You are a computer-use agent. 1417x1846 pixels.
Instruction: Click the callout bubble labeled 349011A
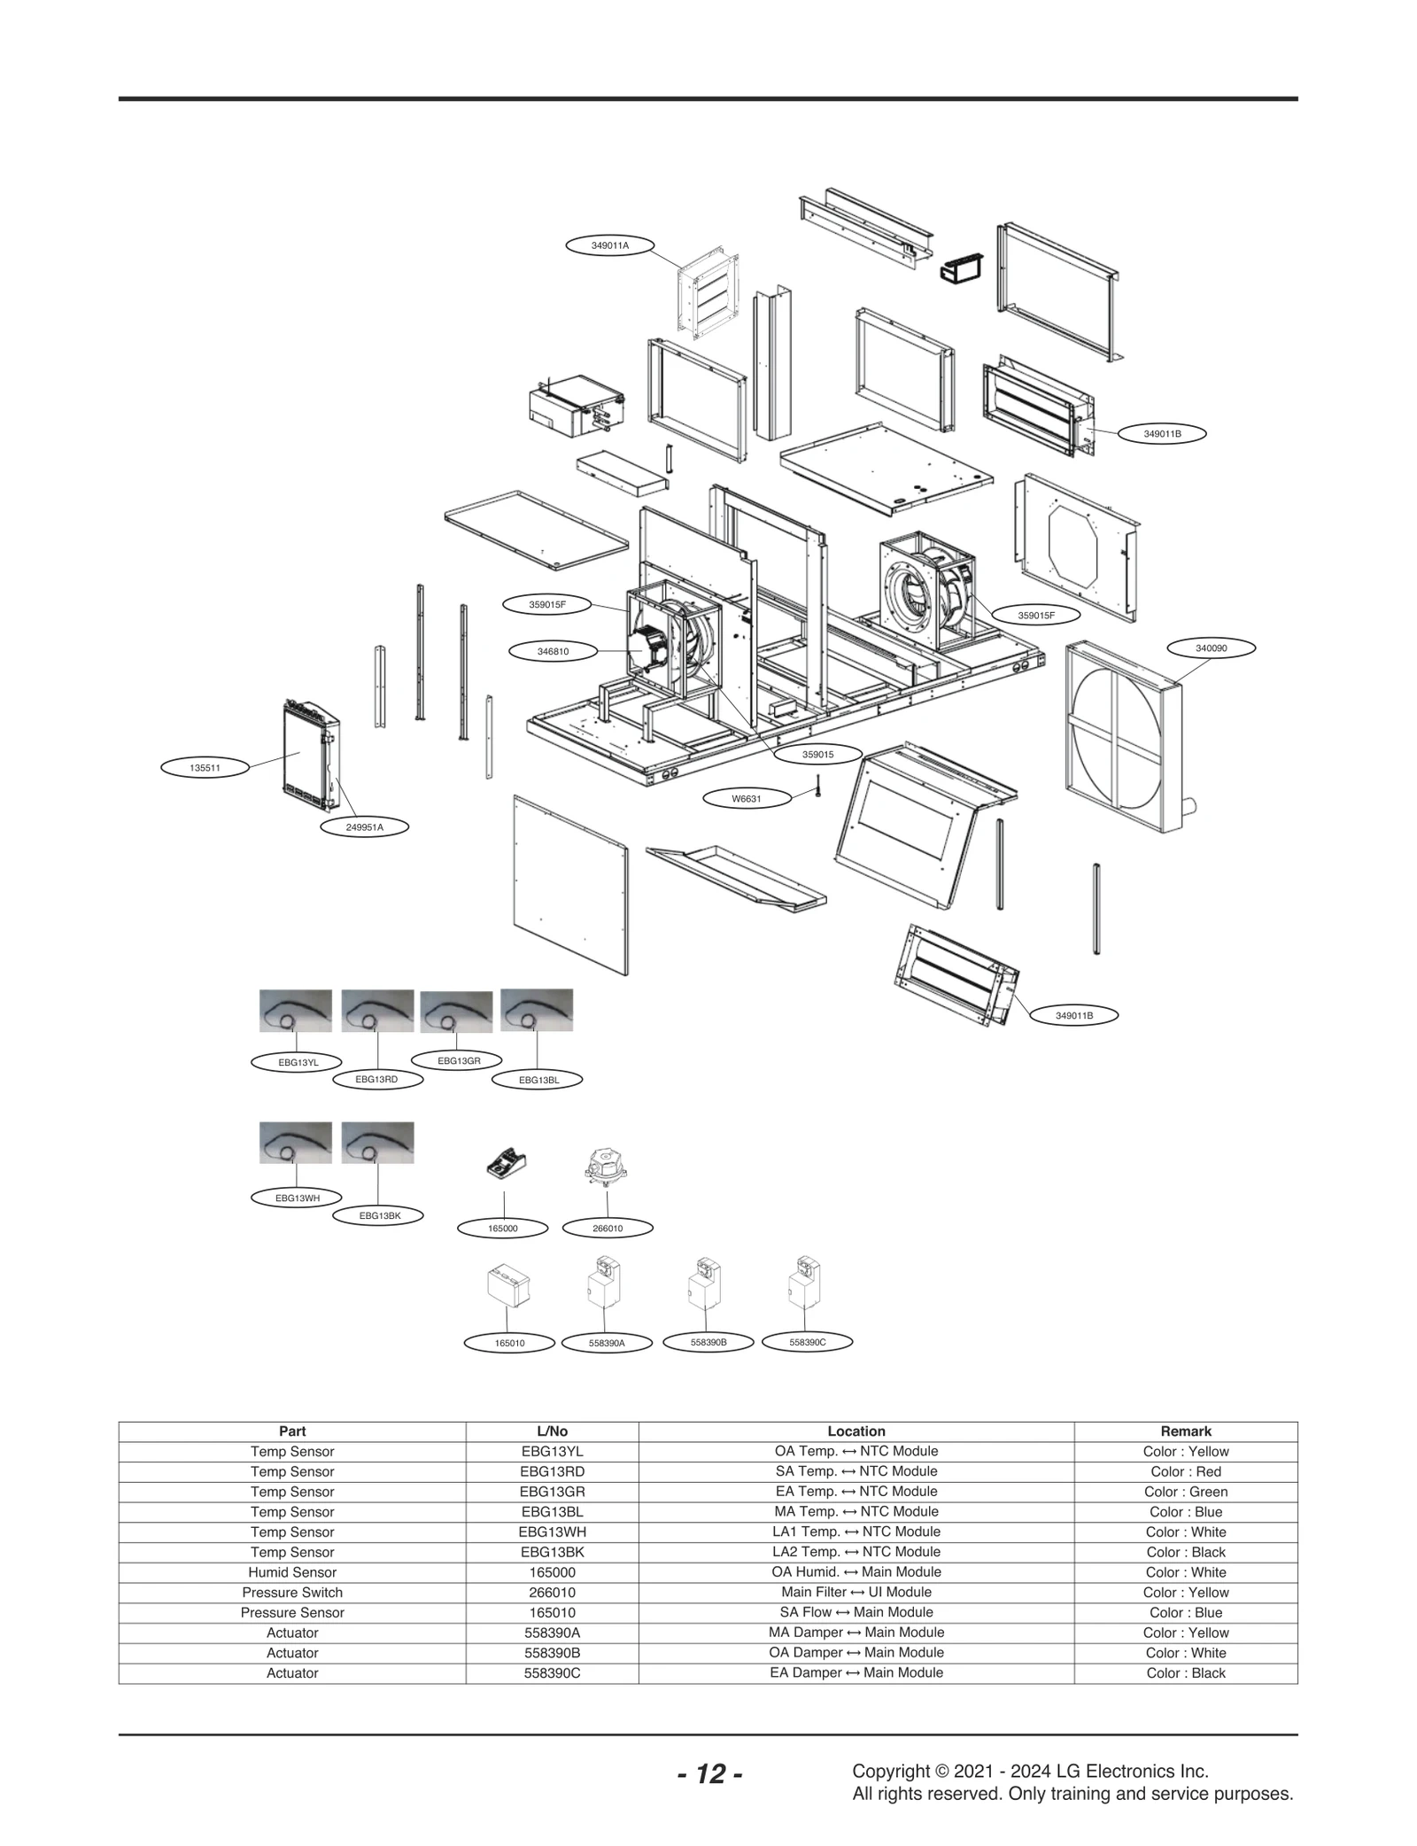[609, 245]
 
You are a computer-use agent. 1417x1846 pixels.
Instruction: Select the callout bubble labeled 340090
[1211, 648]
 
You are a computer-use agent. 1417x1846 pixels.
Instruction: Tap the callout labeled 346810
[553, 651]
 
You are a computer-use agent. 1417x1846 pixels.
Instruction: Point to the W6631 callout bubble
[746, 799]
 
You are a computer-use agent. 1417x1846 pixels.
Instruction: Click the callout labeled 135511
[205, 768]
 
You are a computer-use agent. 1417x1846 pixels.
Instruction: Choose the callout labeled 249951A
[364, 827]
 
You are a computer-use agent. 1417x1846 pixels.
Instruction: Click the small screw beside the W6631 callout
[819, 785]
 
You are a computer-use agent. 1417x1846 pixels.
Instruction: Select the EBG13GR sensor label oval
[459, 1060]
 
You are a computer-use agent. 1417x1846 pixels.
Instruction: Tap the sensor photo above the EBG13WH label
[295, 1143]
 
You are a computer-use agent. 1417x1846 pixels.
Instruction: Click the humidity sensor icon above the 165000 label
[507, 1161]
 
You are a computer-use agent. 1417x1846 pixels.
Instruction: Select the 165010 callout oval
[509, 1344]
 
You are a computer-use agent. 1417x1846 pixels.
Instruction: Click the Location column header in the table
[856, 1431]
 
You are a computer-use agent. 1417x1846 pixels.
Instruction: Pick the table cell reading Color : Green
[1185, 1492]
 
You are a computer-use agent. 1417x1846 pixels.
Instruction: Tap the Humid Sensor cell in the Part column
[292, 1572]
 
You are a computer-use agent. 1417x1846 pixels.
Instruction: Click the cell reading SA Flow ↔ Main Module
[856, 1612]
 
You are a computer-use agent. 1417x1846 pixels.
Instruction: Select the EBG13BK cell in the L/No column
[552, 1552]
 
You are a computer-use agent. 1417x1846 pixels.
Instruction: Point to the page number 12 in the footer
[709, 1774]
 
